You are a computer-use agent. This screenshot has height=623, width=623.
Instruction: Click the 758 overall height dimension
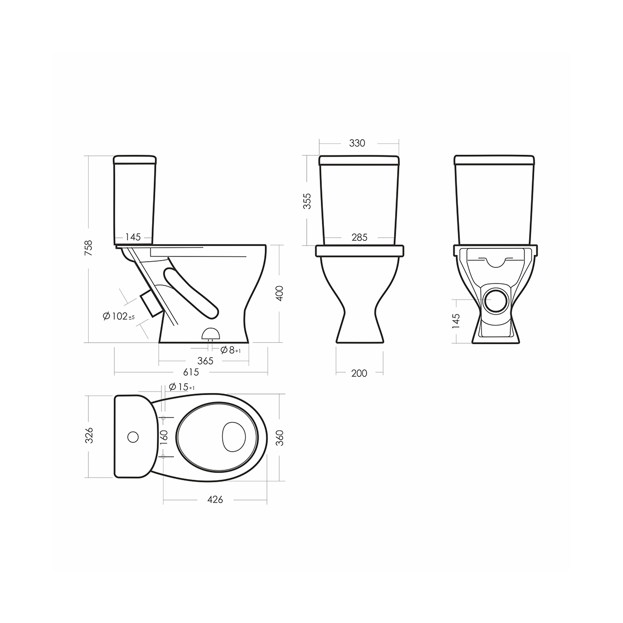[x=89, y=248]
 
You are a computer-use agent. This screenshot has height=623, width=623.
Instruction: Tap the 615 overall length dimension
[x=191, y=372]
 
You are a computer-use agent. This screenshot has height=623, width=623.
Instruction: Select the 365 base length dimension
[x=205, y=361]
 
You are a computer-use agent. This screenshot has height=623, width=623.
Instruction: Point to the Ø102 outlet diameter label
[x=118, y=316]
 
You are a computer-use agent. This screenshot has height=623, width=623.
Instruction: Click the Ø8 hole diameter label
[x=231, y=350]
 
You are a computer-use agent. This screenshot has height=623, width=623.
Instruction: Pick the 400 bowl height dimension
[x=280, y=293]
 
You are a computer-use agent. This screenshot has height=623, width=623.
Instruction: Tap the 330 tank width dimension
[x=357, y=143]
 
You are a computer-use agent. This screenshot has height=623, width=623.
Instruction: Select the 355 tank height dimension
[x=307, y=201]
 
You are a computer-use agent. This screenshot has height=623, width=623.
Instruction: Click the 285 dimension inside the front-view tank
[x=359, y=238]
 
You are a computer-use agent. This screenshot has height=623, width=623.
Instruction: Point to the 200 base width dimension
[x=359, y=373]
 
